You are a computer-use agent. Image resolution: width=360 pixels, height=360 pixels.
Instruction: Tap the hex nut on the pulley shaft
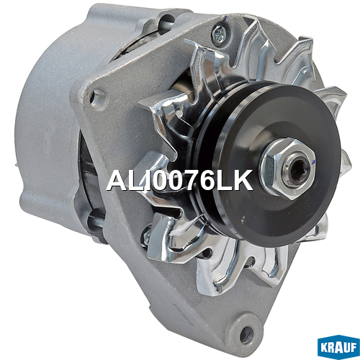click(x=288, y=168)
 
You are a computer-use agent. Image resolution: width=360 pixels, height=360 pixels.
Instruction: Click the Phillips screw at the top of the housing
click(x=219, y=35)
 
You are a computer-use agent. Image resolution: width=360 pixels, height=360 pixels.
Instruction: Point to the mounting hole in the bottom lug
click(x=246, y=333)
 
